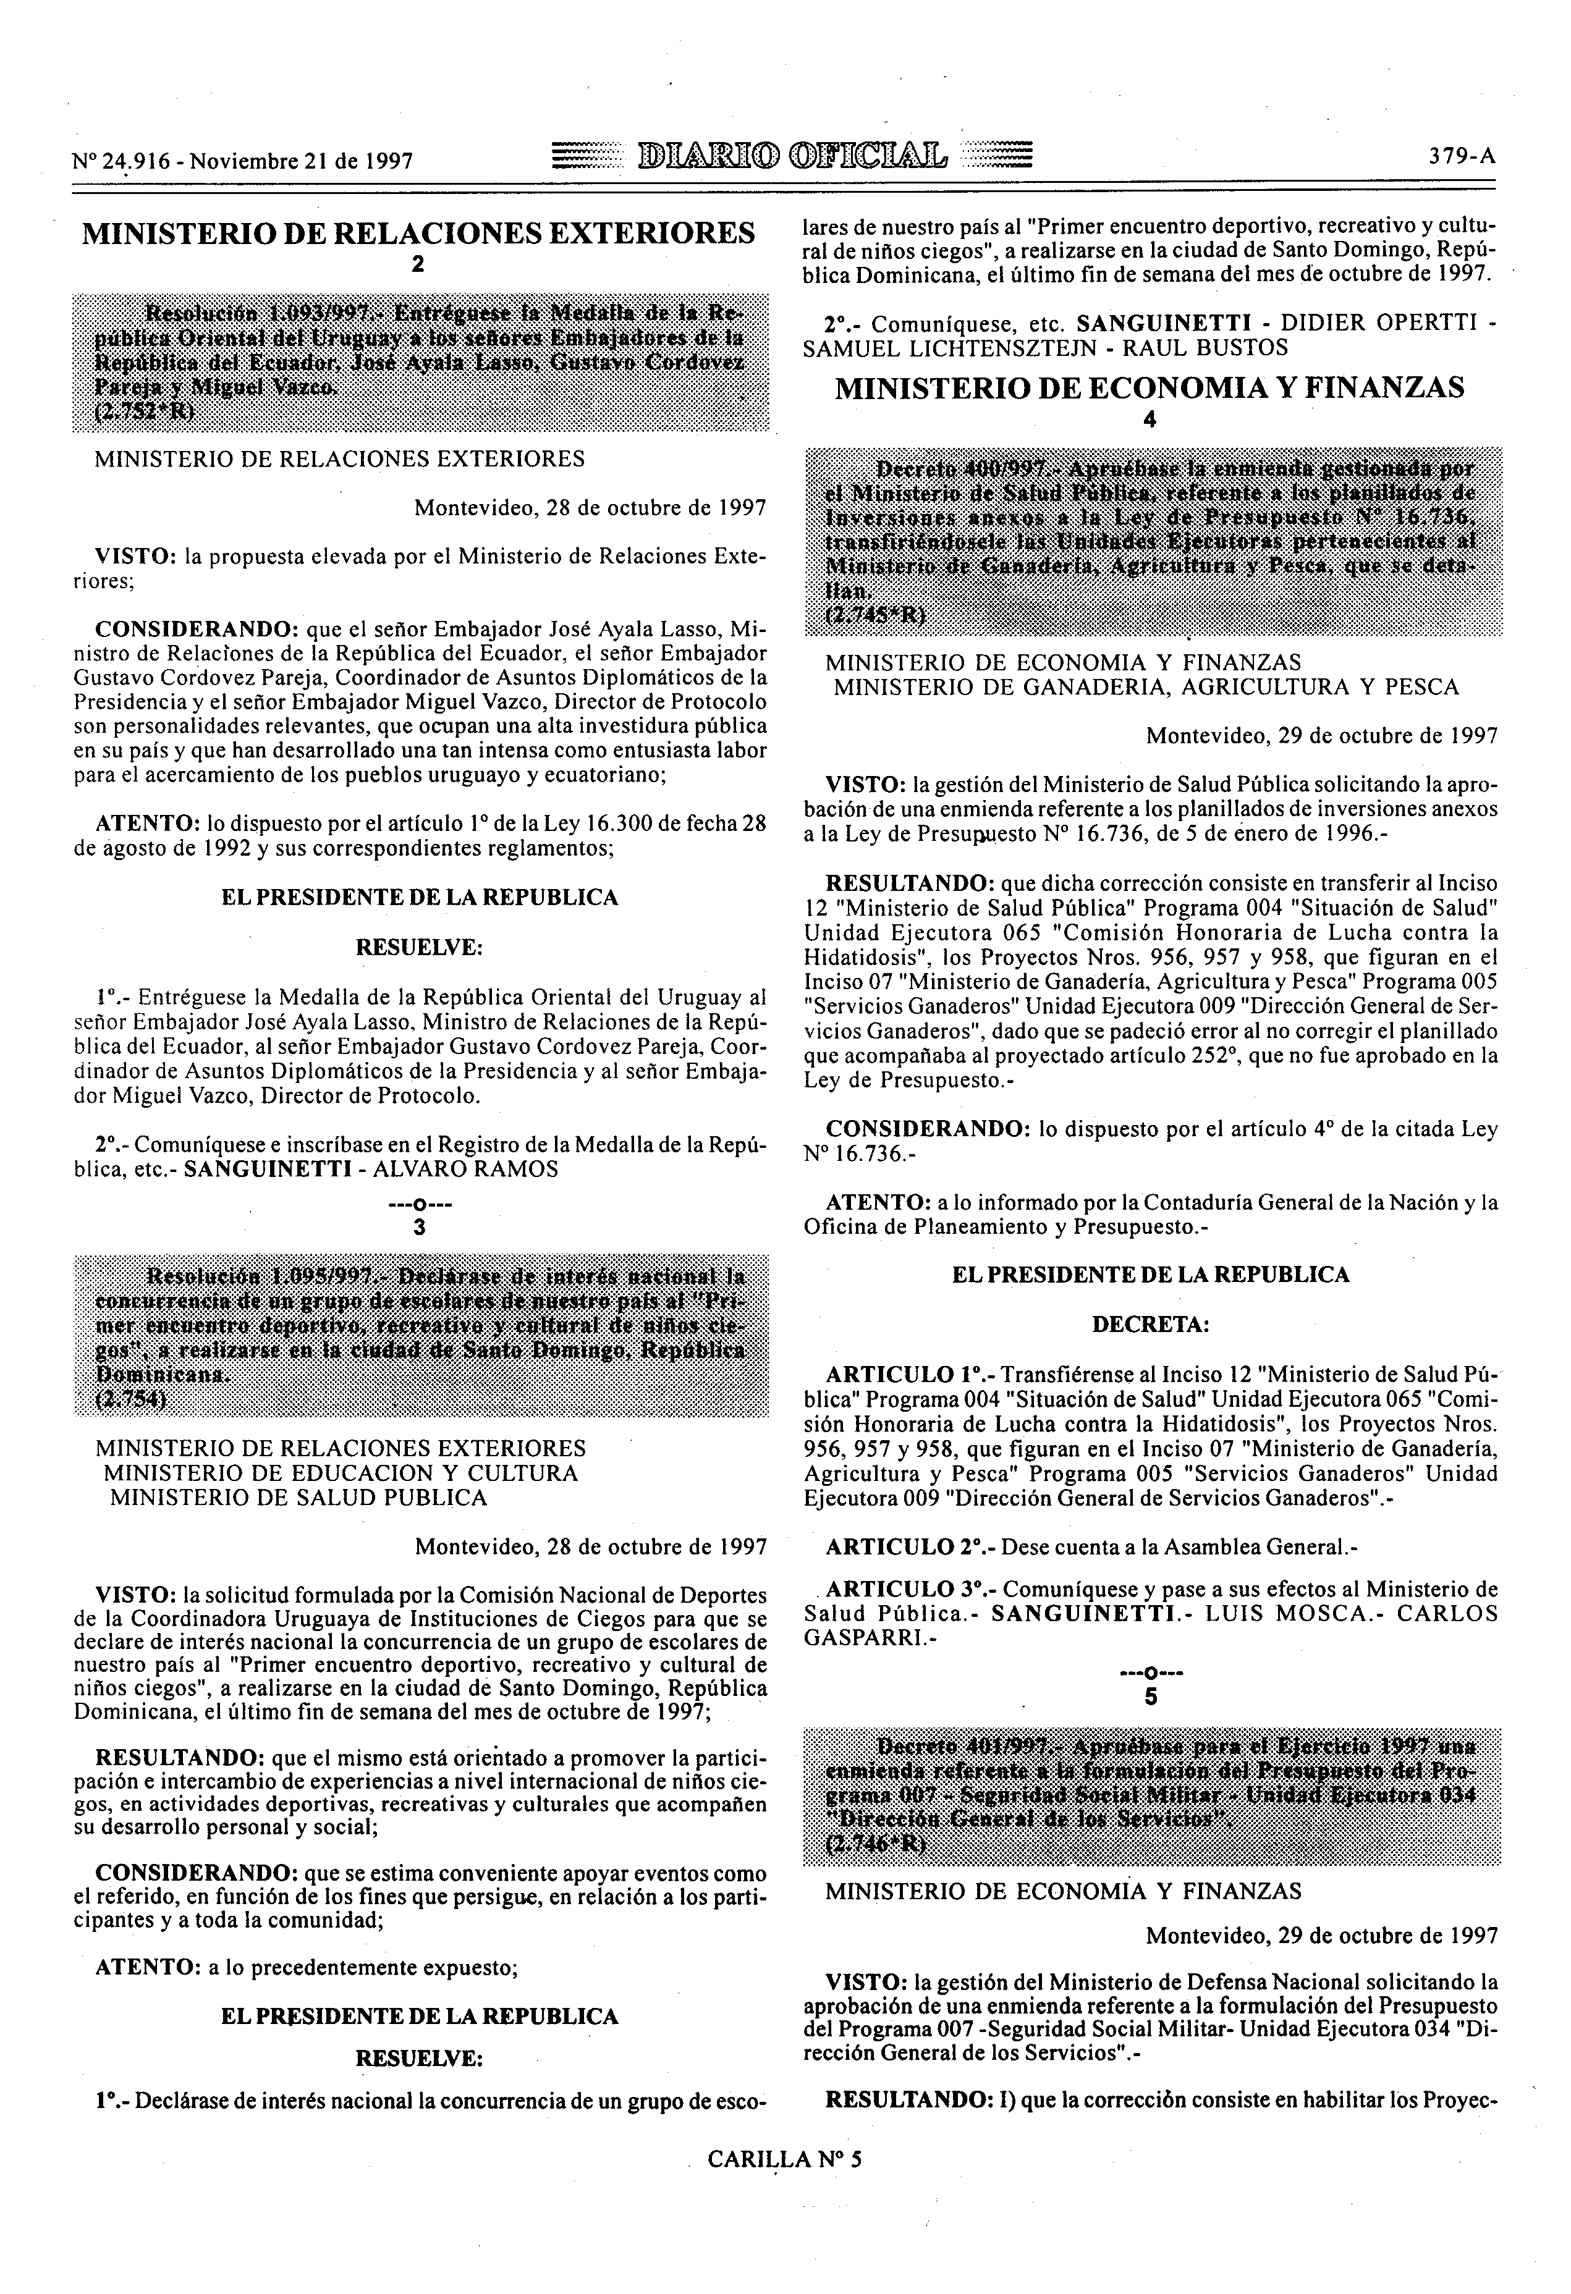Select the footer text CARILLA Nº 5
(784, 2158)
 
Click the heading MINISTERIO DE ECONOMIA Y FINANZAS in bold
(1150, 388)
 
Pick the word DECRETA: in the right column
(1150, 1323)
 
